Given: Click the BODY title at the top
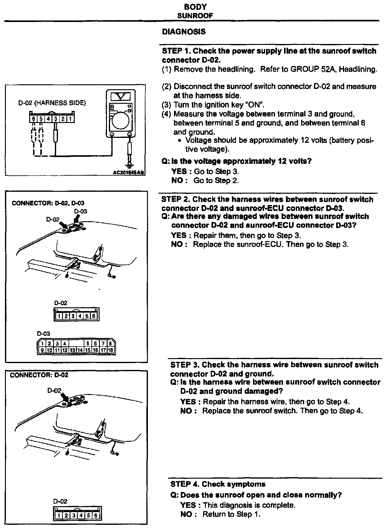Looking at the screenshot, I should click(x=195, y=7).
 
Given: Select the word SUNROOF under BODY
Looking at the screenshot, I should click(x=195, y=15).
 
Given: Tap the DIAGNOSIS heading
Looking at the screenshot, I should click(x=184, y=32).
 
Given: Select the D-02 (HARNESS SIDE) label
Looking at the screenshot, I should click(x=51, y=103).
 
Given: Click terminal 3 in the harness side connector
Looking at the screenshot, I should click(x=56, y=118).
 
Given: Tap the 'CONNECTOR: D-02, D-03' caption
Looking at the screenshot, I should click(x=48, y=203).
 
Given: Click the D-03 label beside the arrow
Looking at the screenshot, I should click(x=81, y=211).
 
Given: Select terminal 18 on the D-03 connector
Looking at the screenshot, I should click(x=110, y=350).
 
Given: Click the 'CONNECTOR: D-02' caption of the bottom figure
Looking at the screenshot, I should click(x=39, y=375).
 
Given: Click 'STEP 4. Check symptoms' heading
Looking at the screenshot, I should click(x=218, y=484).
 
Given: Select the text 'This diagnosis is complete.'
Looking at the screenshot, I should click(x=249, y=505).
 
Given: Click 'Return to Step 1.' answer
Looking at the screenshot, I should click(x=231, y=514).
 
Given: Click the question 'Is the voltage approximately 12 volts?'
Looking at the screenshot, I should click(x=241, y=161).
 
